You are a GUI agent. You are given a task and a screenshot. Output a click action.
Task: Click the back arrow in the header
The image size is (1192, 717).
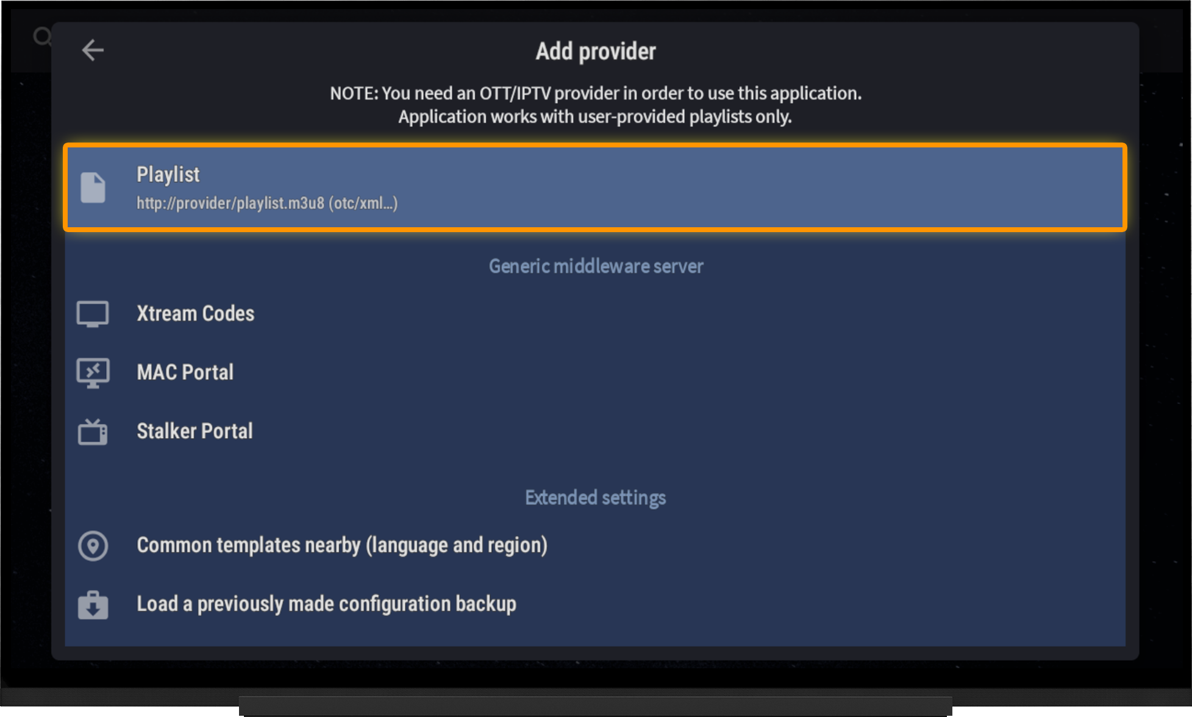93,50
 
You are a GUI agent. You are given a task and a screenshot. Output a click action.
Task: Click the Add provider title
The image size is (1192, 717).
596,52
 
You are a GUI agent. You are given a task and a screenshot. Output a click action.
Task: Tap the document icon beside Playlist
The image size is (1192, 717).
93,188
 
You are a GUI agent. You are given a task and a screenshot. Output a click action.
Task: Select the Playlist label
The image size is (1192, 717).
168,175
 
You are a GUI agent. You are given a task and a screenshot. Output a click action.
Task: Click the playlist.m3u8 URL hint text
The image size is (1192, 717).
267,203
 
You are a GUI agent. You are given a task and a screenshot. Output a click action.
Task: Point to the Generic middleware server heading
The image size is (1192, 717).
596,266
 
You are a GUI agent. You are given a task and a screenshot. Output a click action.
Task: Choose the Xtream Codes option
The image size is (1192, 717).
195,313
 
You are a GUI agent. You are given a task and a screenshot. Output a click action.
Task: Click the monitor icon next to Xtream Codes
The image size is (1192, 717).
93,314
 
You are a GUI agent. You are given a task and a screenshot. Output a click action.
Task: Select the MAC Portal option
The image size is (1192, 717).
185,372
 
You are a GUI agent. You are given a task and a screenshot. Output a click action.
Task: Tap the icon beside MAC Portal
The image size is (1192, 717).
93,373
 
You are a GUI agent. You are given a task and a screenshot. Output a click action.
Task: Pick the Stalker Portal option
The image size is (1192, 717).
195,431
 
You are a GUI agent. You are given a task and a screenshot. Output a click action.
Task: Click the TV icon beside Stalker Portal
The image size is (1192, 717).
93,432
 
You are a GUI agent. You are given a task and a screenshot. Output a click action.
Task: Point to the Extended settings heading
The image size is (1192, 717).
595,498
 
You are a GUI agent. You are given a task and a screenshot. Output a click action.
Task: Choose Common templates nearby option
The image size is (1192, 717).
342,545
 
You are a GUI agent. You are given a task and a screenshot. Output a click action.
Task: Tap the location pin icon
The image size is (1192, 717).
93,546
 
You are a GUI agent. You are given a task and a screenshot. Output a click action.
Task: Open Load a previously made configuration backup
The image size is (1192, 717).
326,604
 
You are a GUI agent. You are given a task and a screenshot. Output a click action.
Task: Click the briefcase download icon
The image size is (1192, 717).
93,605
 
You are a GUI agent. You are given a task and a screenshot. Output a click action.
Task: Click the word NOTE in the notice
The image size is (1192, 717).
354,93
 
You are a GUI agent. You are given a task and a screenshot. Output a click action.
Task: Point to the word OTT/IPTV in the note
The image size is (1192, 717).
515,93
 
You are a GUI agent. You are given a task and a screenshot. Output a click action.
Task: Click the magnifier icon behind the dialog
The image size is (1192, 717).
41,37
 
